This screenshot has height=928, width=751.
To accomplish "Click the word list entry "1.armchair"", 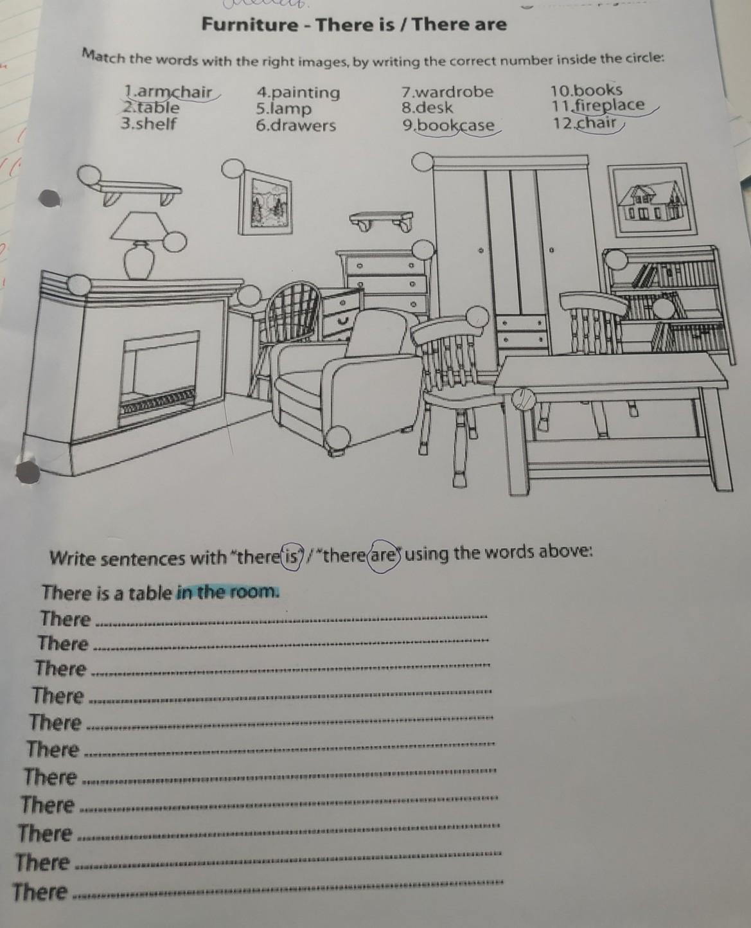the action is coord(168,92).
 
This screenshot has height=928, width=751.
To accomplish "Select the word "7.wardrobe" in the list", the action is coord(447,92).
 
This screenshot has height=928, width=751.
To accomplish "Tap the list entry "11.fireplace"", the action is coord(597,105).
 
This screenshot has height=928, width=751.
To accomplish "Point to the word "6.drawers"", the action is coord(296,125).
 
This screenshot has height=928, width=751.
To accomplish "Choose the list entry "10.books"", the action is coord(587,90).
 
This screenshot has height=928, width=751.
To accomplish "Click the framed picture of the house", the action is coord(651,199).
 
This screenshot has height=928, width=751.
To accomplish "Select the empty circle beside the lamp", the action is coord(175,241).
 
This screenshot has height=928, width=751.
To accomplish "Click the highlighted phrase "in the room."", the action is coord(227,592).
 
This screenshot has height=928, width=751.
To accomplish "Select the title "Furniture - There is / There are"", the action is coord(355,24).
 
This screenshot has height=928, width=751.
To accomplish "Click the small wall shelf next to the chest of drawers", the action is coord(382,221).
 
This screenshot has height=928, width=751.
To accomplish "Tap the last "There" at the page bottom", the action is coord(40,892).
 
